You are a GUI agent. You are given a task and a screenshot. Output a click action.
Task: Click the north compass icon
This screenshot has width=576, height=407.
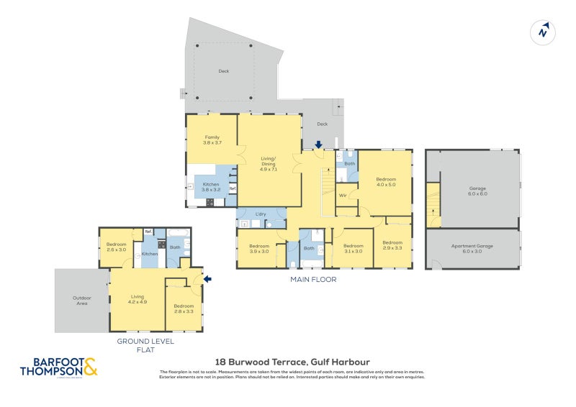543,31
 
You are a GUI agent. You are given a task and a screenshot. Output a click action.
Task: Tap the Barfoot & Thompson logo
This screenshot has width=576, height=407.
58,367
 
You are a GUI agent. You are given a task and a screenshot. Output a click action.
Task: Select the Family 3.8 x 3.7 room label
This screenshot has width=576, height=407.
212,140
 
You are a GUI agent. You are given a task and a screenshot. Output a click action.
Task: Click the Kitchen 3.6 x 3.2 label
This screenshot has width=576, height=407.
211,187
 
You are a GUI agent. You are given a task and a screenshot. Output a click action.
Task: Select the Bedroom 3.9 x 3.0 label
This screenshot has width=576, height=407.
258,249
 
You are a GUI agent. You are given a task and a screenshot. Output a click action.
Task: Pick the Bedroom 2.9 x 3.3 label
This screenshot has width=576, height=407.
392,244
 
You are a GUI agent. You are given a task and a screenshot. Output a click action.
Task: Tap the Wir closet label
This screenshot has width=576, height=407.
343,195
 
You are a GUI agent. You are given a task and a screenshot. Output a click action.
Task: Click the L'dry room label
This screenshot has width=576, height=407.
261,214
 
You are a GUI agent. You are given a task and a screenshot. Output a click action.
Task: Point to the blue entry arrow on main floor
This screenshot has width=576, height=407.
318,145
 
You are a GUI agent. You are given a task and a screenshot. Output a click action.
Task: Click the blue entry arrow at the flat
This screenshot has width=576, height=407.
209,278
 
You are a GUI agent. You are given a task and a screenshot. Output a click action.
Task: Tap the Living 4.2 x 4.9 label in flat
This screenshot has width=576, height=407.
138,298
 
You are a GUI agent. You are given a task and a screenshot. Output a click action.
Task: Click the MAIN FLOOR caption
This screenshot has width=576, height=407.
312,279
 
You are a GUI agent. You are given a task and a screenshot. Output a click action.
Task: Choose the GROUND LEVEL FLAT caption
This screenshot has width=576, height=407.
146,345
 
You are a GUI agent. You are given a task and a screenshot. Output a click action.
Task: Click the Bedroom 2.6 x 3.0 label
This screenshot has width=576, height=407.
117,246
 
